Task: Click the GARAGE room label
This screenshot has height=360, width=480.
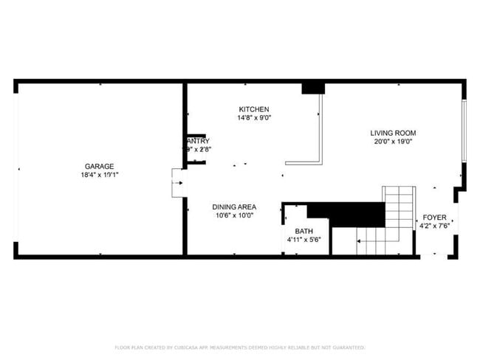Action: coord(99,166)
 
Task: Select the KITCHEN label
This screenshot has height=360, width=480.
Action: coord(253,109)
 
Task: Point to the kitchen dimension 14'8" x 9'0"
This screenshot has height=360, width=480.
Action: coord(253,118)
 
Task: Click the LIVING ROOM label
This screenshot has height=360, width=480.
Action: coord(391,133)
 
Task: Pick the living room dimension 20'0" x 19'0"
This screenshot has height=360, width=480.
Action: coord(391,142)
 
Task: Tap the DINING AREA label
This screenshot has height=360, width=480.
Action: coord(234,207)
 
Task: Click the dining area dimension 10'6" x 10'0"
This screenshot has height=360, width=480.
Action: coord(234,215)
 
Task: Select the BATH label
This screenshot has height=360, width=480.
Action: coord(304,232)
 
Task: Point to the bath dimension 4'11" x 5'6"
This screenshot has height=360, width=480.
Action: coord(304,240)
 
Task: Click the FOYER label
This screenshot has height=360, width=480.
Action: coord(434,218)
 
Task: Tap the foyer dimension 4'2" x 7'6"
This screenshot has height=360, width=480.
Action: coord(434,226)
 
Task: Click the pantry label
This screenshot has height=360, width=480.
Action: coord(198,141)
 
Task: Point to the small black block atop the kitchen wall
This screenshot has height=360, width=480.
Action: coord(313,88)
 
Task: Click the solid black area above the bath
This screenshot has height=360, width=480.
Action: coord(347,214)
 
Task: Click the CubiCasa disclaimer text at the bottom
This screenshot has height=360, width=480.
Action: coord(240,347)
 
